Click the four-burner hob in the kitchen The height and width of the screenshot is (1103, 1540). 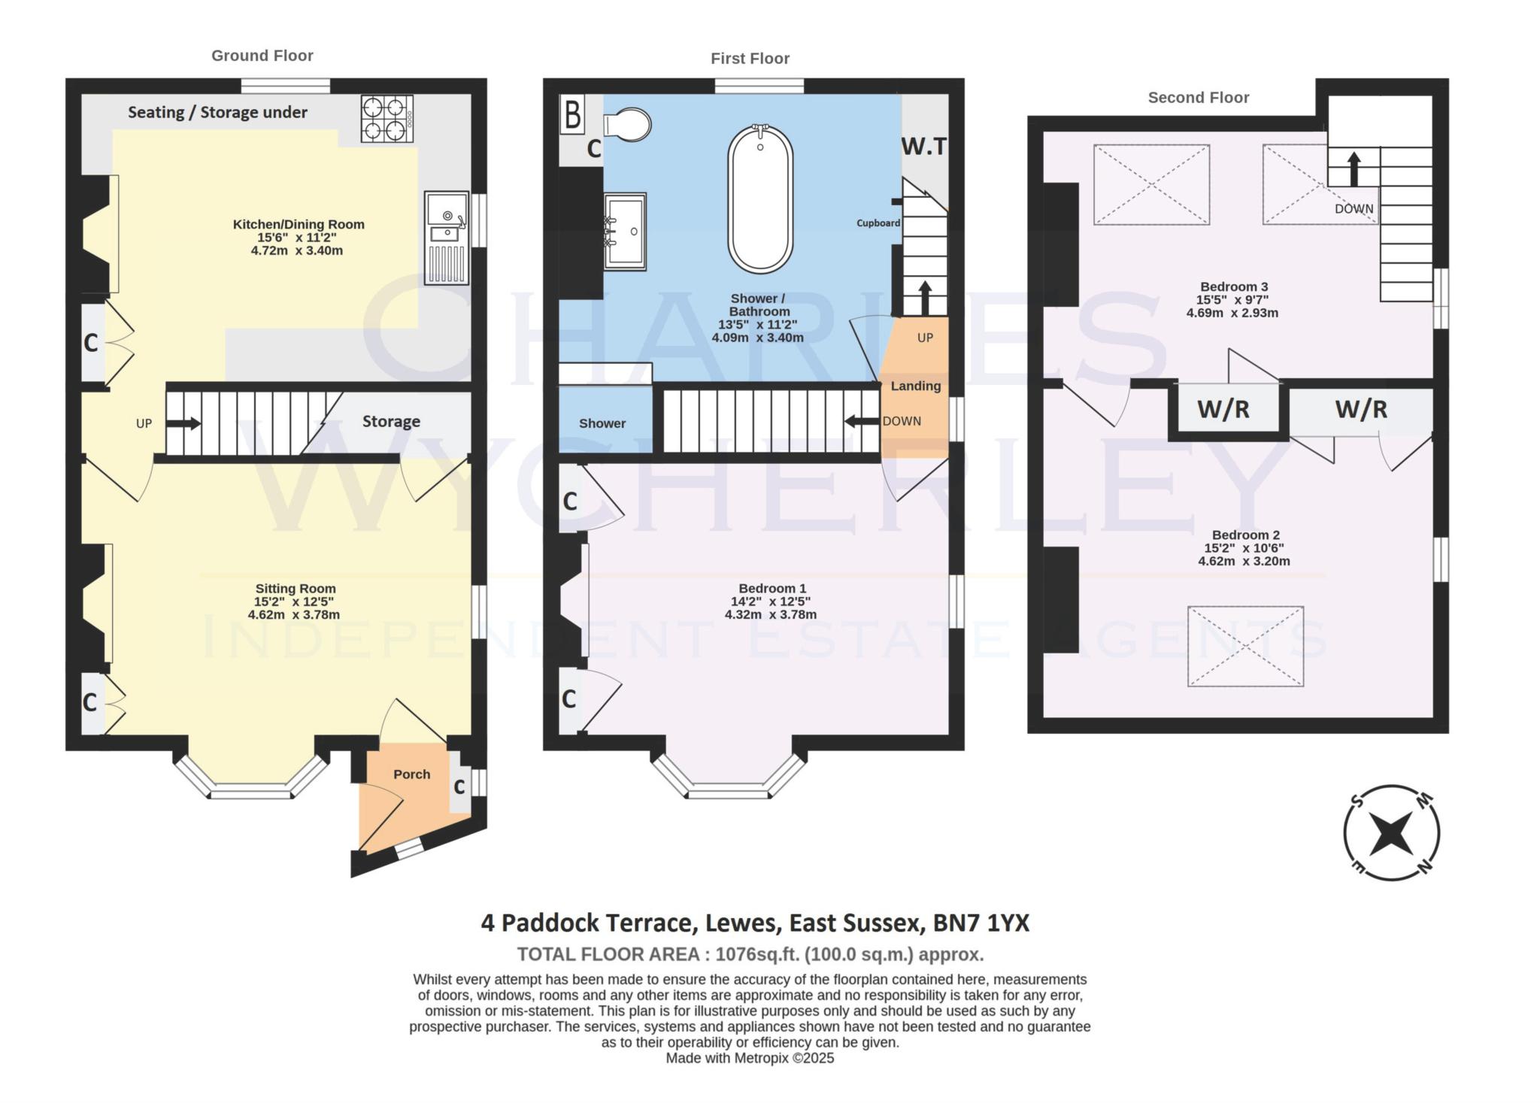(387, 118)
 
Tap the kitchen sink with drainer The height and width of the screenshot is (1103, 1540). (446, 238)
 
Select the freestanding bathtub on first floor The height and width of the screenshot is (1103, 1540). (760, 198)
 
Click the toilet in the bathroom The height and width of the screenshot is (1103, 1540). (628, 125)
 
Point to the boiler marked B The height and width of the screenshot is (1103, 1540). (572, 115)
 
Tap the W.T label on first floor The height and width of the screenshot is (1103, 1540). (923, 146)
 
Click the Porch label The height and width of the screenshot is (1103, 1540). (411, 774)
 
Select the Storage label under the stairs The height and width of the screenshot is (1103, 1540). (391, 422)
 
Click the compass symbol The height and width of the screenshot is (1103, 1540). (1391, 833)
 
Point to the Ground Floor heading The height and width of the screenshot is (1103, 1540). (262, 56)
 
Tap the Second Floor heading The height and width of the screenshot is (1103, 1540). (1198, 98)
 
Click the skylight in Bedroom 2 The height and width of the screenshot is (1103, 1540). (1245, 647)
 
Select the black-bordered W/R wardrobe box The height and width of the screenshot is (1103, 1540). (1223, 409)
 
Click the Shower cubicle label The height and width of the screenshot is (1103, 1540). (602, 423)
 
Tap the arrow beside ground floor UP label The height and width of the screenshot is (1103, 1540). (183, 423)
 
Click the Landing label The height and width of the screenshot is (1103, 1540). (915, 386)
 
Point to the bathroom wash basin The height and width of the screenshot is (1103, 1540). (625, 231)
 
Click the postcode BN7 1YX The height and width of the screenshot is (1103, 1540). (981, 923)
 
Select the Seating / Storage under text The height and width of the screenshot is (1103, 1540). (217, 113)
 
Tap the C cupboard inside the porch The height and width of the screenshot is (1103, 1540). (459, 787)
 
